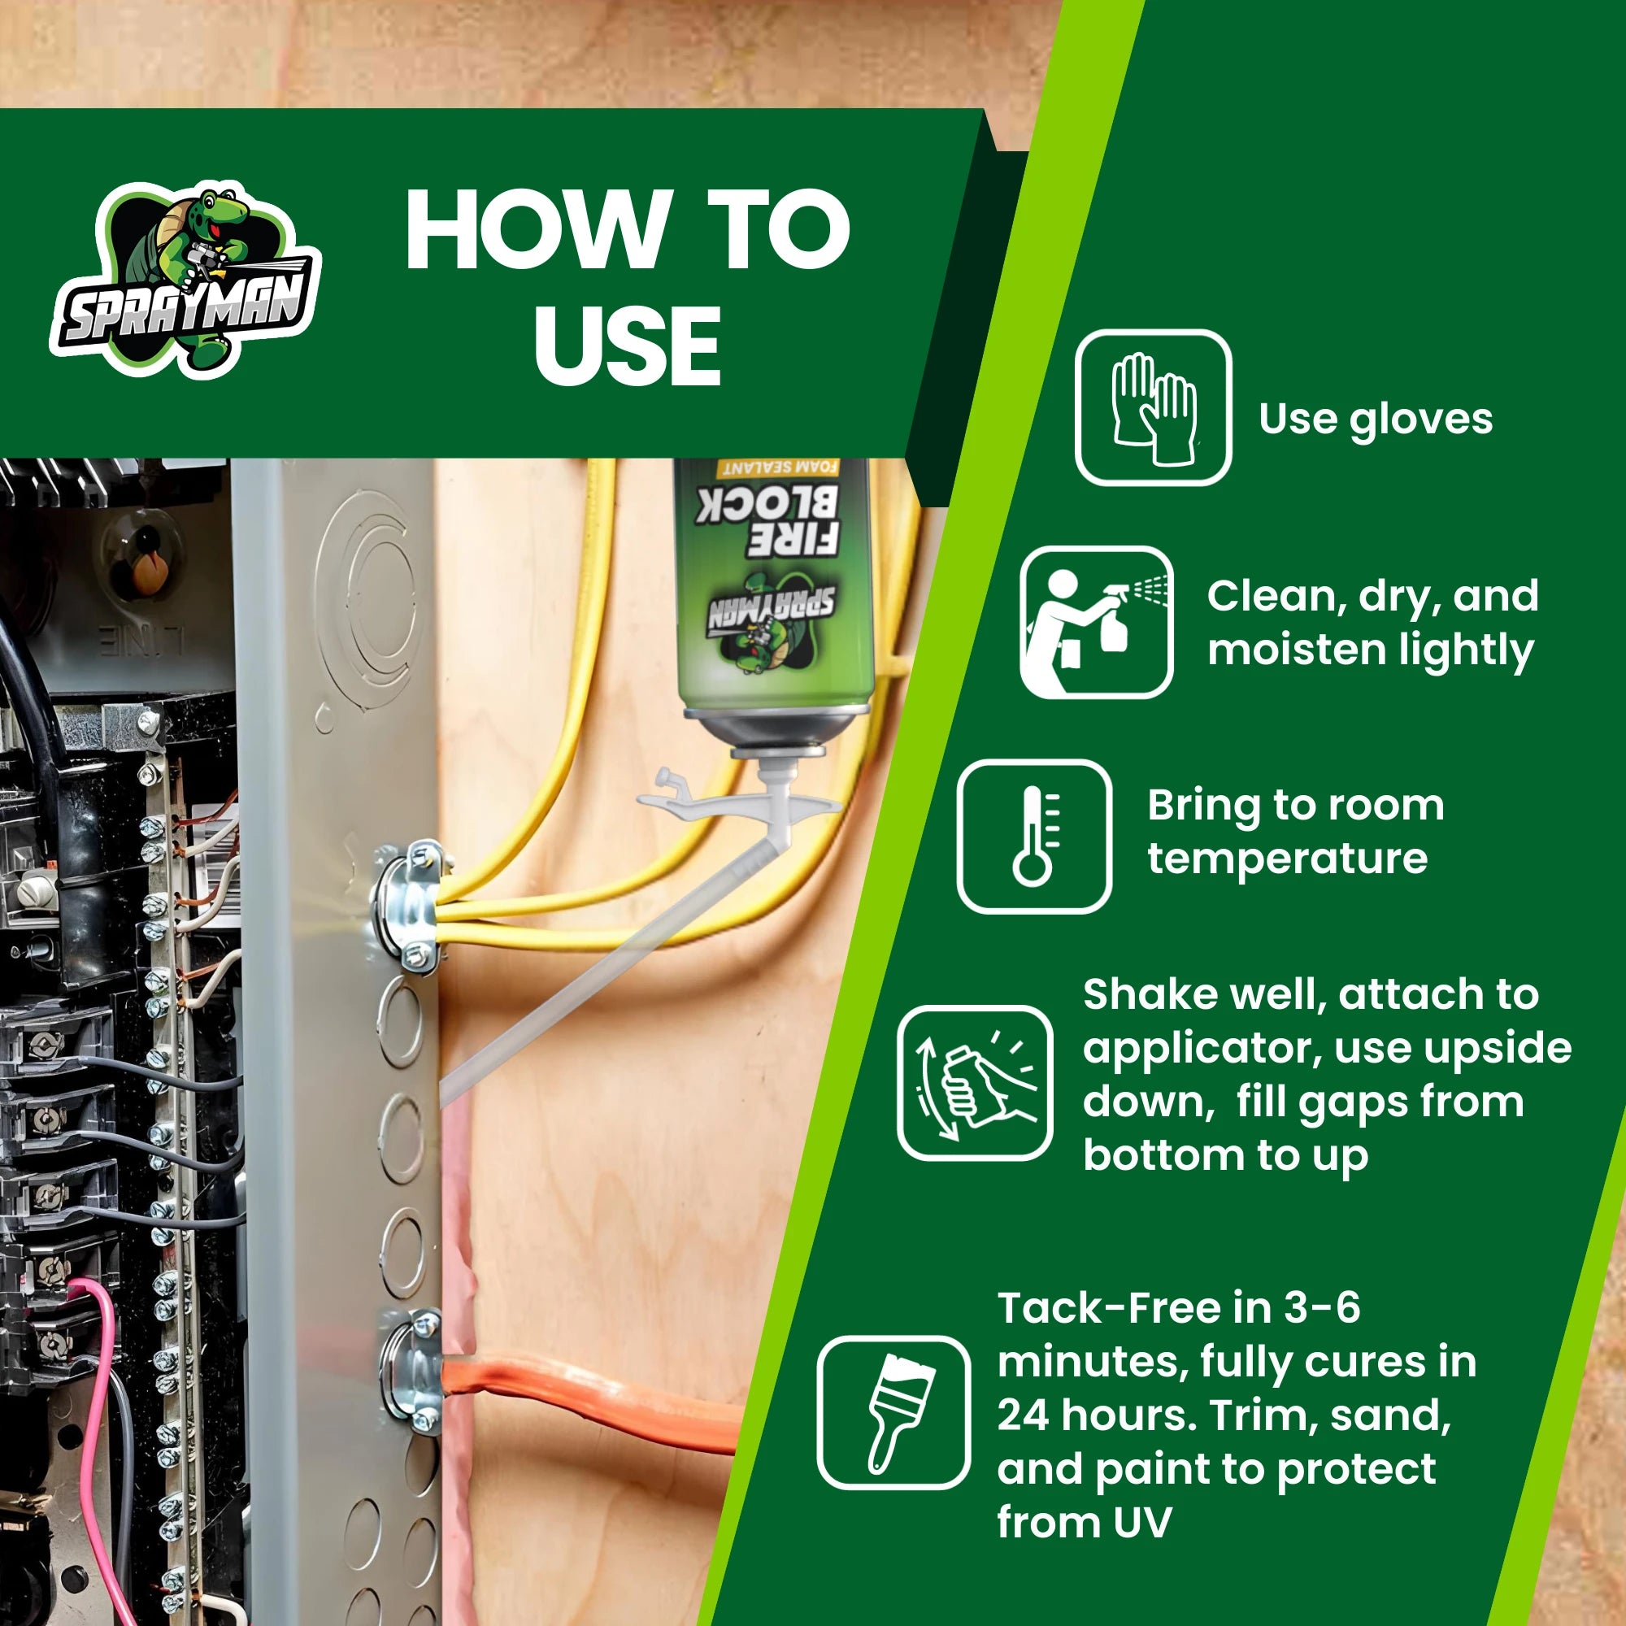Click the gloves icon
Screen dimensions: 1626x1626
(1153, 407)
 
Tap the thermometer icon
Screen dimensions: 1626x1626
(1034, 837)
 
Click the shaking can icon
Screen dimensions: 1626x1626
(975, 1083)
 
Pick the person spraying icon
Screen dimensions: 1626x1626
(1097, 622)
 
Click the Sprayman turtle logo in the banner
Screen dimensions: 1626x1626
(185, 280)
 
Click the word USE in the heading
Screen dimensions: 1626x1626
(628, 345)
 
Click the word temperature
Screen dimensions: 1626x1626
(1288, 859)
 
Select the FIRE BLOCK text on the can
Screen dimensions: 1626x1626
(767, 520)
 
